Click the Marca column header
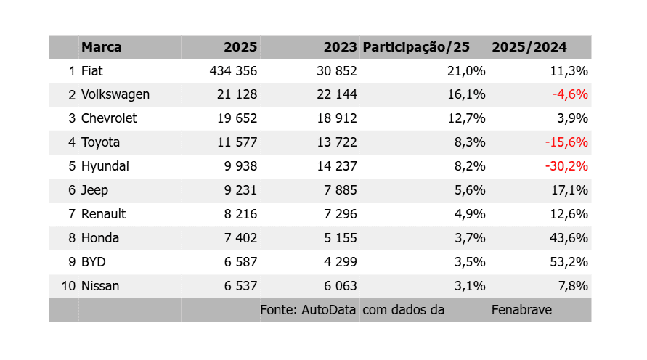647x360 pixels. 101,47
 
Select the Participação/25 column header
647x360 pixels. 416,47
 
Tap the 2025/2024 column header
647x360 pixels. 529,47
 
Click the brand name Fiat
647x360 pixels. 91,71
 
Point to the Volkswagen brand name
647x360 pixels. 115,94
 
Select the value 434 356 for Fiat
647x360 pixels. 233,71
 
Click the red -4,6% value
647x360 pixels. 570,94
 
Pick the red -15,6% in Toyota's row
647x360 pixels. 566,142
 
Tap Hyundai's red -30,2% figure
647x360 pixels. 566,166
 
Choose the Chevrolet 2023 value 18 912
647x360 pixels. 337,118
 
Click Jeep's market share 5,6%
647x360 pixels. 470,190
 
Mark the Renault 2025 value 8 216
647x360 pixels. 240,214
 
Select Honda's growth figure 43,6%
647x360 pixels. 569,238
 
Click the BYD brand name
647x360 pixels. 93,262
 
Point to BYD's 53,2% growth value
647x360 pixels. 569,262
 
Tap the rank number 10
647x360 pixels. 68,286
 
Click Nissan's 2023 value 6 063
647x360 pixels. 341,286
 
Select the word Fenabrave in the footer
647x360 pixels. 521,310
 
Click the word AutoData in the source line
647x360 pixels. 328,310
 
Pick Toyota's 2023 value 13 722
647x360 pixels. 337,142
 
